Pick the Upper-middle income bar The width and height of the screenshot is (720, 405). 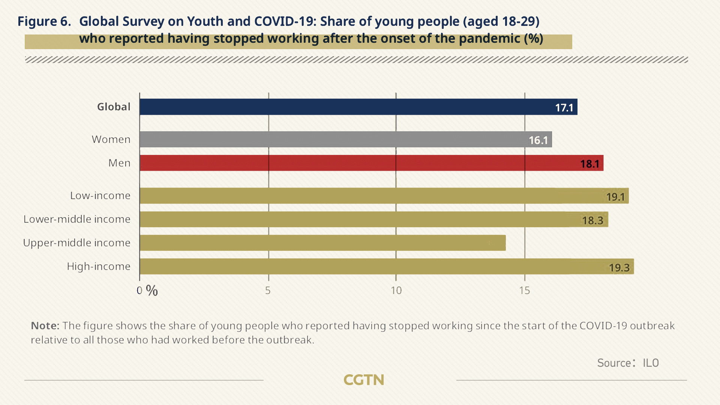322,243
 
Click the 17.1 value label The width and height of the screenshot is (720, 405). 564,108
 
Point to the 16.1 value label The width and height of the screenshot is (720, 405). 538,140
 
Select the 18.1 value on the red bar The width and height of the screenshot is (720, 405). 589,164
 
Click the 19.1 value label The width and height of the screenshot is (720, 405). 615,197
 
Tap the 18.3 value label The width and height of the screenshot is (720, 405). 592,220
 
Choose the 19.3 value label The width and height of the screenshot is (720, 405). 619,267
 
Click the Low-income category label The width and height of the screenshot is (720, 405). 100,195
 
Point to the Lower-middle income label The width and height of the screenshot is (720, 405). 77,219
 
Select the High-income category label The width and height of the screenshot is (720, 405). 99,266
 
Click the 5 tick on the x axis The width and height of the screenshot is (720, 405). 268,291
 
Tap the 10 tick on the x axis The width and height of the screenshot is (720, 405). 396,291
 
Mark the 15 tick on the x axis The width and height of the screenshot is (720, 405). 524,291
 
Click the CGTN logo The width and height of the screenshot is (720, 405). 364,380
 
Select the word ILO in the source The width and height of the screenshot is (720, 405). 651,363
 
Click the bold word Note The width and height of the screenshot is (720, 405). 45,325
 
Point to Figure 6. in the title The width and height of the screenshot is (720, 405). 44,21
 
